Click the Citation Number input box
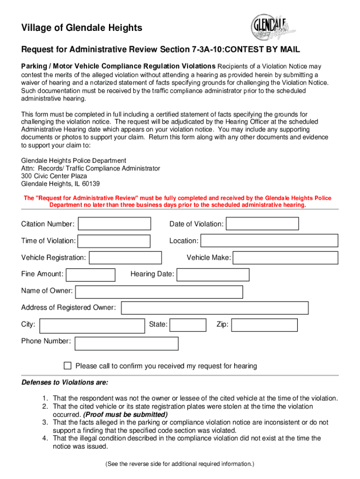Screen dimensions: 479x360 (115, 224)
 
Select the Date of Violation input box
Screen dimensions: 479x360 (262, 224)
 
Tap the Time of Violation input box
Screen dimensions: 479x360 (114, 241)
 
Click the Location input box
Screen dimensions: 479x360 (269, 240)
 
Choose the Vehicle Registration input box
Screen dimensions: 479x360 (125, 258)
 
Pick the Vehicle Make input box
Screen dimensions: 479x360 (285, 258)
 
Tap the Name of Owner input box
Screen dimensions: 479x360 (159, 292)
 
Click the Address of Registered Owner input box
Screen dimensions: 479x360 (215, 308)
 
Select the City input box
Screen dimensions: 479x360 (92, 325)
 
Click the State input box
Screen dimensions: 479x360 (187, 325)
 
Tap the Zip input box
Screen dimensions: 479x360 (264, 325)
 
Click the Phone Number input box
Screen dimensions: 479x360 (127, 343)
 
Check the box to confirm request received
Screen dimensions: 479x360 (67, 365)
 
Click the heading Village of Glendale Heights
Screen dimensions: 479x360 (81, 28)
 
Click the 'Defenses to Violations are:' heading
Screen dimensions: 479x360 (65, 382)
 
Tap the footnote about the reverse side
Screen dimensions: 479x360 (180, 464)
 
